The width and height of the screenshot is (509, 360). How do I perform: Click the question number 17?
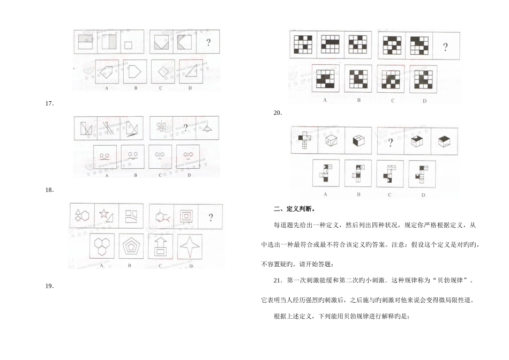point(50,104)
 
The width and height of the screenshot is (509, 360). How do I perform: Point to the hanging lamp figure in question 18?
point(207,127)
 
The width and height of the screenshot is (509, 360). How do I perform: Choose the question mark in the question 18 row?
point(185,127)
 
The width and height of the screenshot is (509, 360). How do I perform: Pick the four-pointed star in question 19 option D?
point(191,247)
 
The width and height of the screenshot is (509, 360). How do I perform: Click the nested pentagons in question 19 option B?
point(131,247)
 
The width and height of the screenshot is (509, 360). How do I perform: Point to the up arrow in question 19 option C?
point(160,246)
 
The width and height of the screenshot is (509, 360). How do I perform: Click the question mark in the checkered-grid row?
point(445,47)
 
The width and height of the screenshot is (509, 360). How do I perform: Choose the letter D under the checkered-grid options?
point(424,100)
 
